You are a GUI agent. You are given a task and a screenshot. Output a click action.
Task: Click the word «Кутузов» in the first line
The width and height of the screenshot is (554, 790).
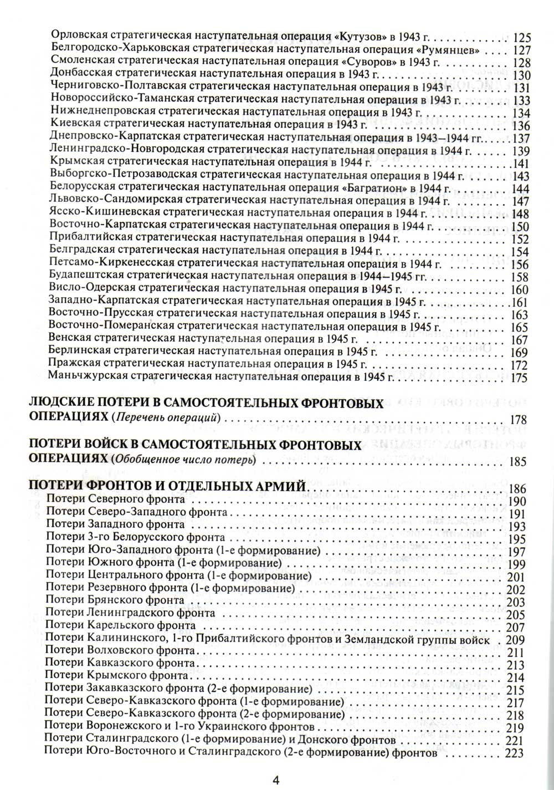coord(361,38)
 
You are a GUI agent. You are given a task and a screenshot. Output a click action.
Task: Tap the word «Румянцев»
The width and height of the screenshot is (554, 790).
coord(457,50)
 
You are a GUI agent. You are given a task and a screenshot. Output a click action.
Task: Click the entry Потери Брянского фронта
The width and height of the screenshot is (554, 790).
coord(115,600)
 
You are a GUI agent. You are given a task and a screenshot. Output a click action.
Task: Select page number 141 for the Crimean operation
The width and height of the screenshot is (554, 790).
coord(522,163)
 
